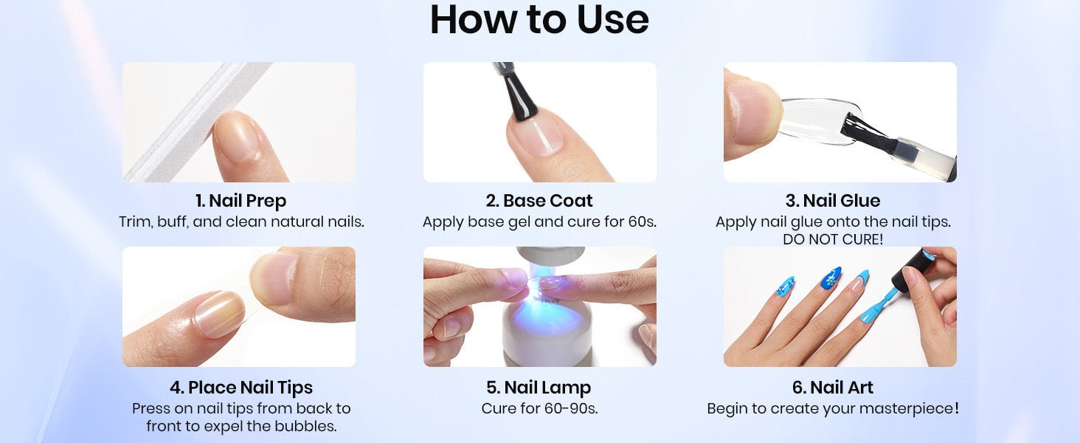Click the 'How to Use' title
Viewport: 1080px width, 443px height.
pyautogui.click(x=539, y=19)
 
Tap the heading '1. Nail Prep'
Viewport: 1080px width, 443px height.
pyautogui.click(x=240, y=201)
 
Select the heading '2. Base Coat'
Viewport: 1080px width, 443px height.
pyautogui.click(x=539, y=201)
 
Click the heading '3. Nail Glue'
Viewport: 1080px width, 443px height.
pyautogui.click(x=833, y=201)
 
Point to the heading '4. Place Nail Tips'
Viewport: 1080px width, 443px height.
pyautogui.click(x=240, y=388)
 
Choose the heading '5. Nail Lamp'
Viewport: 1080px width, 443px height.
pyautogui.click(x=539, y=388)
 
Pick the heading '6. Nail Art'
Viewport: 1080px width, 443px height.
pyautogui.click(x=833, y=388)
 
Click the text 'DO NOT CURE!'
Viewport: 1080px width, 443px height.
pyautogui.click(x=833, y=239)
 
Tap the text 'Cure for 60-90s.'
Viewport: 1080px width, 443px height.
pyautogui.click(x=539, y=409)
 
